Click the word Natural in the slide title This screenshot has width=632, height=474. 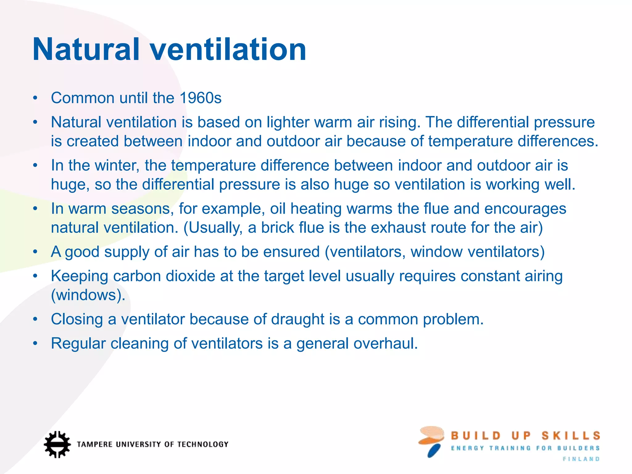(x=86, y=49)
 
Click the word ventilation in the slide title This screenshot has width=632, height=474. (x=228, y=49)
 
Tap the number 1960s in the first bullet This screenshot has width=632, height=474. (x=200, y=98)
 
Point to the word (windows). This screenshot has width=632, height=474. (x=88, y=295)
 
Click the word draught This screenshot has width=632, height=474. (x=297, y=319)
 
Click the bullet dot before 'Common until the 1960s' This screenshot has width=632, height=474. (x=35, y=98)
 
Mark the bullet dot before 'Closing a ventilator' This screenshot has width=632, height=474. (x=35, y=319)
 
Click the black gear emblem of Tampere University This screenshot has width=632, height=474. (x=57, y=444)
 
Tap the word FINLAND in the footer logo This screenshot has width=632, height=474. (x=581, y=459)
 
